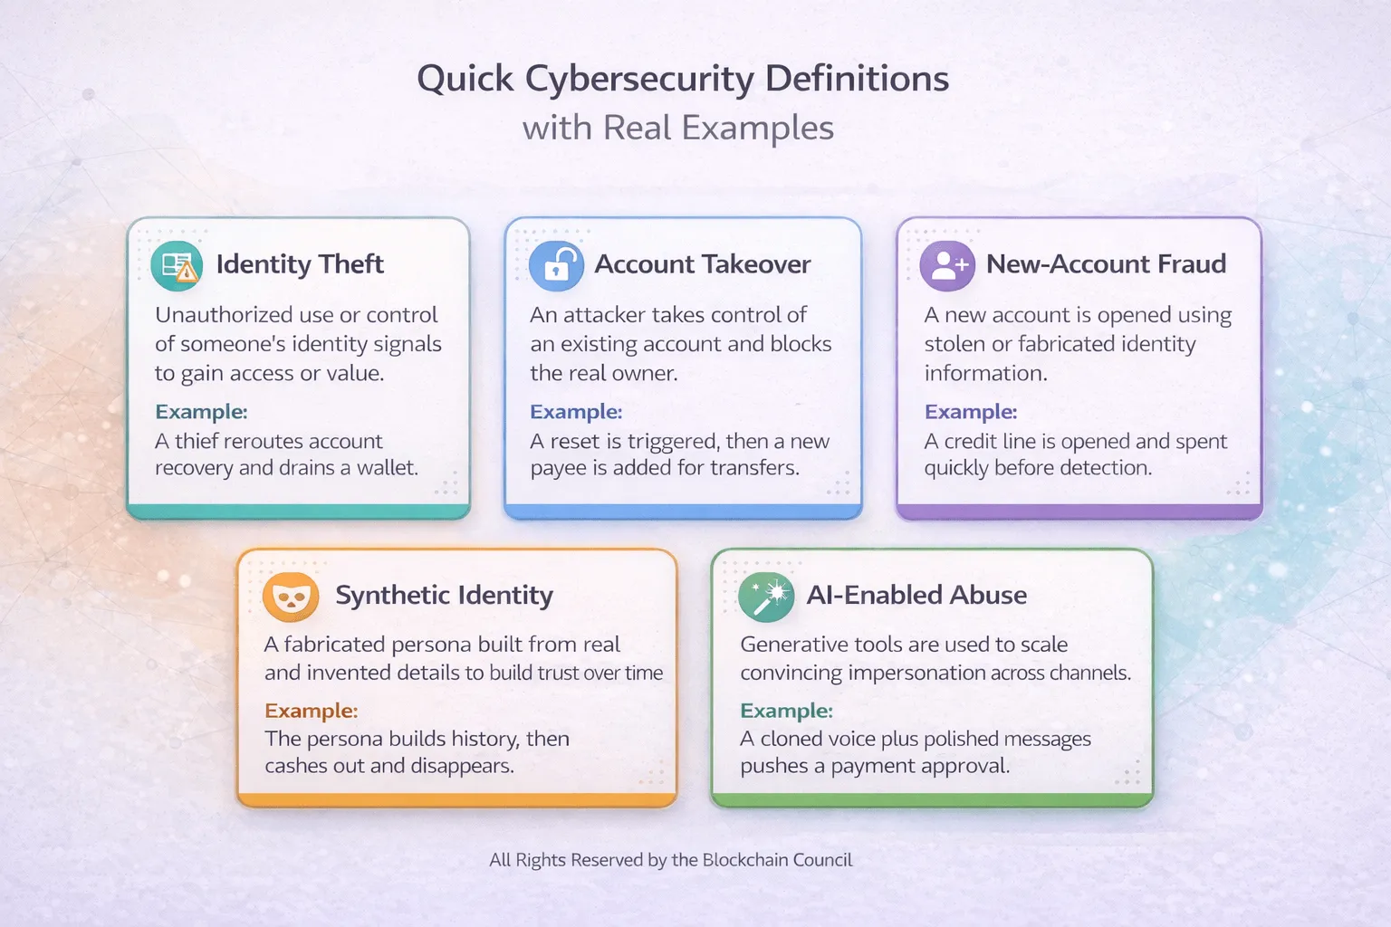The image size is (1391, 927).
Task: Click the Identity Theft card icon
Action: pyautogui.click(x=177, y=265)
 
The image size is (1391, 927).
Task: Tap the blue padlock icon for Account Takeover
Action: pyautogui.click(x=556, y=265)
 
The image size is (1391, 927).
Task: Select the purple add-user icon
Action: pyautogui.click(x=947, y=265)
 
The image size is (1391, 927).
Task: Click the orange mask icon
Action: pyautogui.click(x=290, y=597)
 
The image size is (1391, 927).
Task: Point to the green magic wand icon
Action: pyautogui.click(x=766, y=597)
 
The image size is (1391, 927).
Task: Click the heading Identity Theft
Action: pyautogui.click(x=300, y=264)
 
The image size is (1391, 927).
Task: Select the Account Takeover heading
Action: pyautogui.click(x=702, y=264)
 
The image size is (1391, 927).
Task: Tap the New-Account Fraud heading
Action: pyautogui.click(x=1106, y=264)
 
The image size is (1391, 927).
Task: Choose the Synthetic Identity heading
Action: pyautogui.click(x=444, y=595)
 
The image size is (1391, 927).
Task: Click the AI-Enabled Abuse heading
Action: pyautogui.click(x=916, y=595)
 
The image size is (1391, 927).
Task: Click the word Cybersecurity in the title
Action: pyautogui.click(x=640, y=80)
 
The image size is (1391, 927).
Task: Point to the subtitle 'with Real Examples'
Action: pyautogui.click(x=677, y=128)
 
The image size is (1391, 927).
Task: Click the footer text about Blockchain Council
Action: pyautogui.click(x=670, y=860)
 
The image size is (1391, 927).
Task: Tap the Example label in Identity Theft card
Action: pyautogui.click(x=201, y=412)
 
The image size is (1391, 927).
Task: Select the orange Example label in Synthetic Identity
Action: pyautogui.click(x=311, y=711)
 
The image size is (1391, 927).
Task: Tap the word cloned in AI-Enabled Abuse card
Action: pyautogui.click(x=792, y=739)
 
